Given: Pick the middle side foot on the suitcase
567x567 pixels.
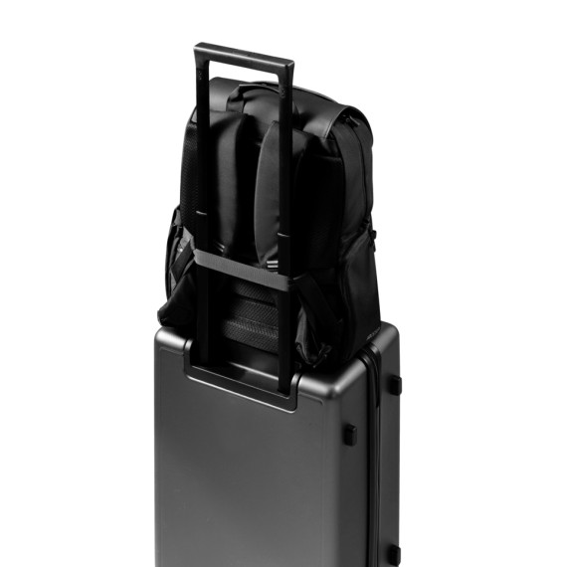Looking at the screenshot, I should tap(349, 434).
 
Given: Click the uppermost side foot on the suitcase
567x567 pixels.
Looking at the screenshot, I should tap(393, 384).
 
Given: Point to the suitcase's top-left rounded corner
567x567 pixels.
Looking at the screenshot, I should tap(164, 334).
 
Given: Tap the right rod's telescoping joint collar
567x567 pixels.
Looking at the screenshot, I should tap(283, 239).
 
